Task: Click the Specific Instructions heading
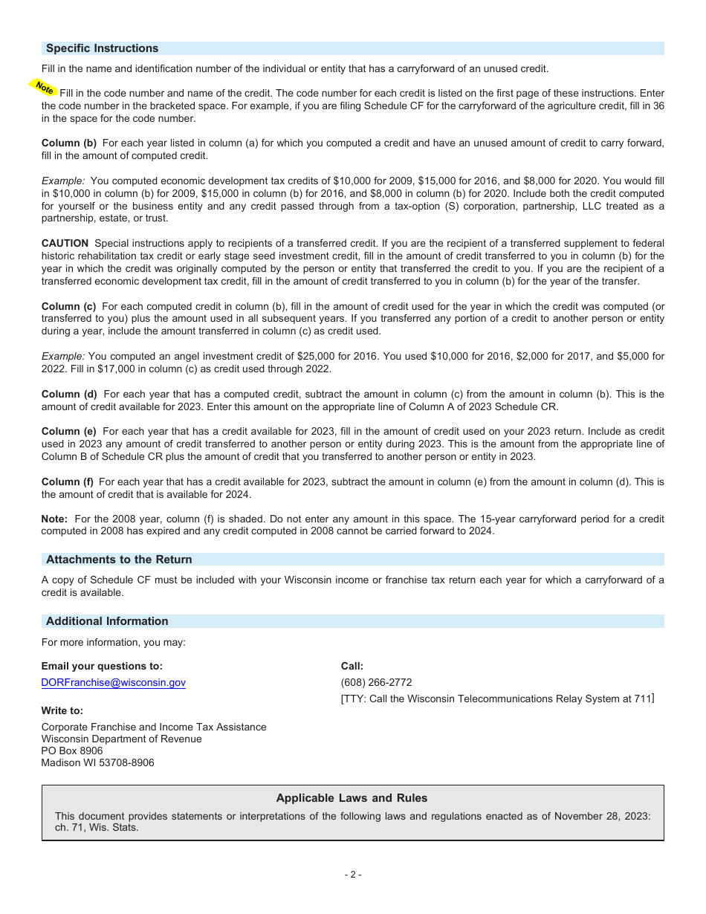[x=102, y=48]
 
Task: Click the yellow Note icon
[x=43, y=88]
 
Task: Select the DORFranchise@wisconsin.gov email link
[x=113, y=682]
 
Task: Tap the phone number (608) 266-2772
[x=376, y=682]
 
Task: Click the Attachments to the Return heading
[x=119, y=560]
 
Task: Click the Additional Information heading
[x=107, y=621]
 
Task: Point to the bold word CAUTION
[x=65, y=243]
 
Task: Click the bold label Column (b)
[x=69, y=143]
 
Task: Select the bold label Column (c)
[x=69, y=306]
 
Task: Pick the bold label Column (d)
[x=69, y=394]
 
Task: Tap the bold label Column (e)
[x=69, y=431]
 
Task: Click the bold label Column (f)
[x=68, y=482]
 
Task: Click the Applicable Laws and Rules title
[x=352, y=798]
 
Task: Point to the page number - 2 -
[x=353, y=875]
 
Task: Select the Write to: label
[x=62, y=710]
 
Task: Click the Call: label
[x=352, y=667]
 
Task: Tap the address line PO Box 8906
[x=72, y=751]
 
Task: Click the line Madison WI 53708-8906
[x=97, y=762]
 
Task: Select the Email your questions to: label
[x=102, y=667]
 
